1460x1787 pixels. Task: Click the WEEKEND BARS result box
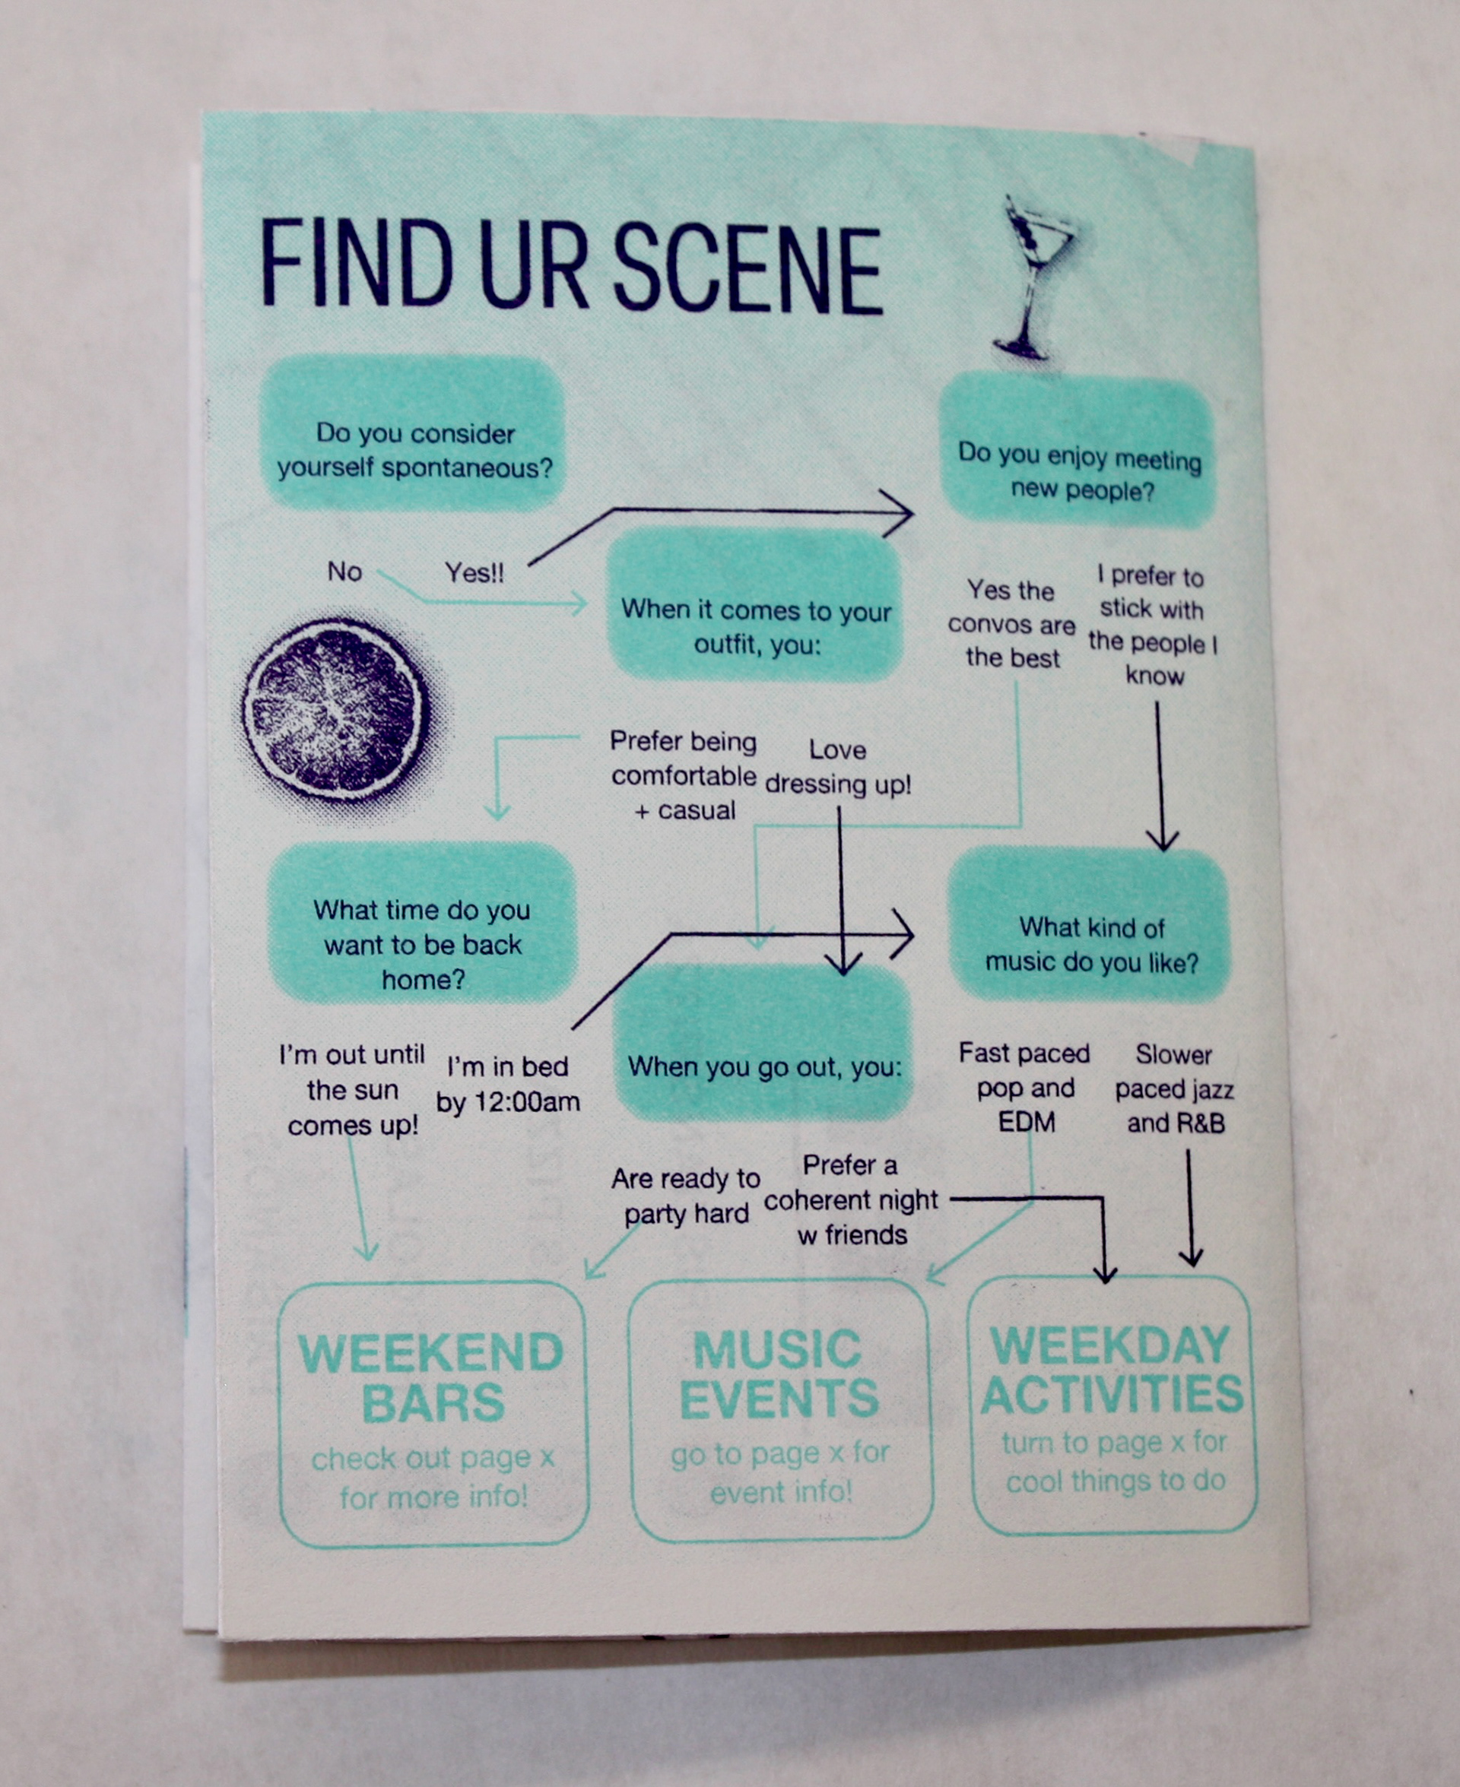(x=432, y=1415)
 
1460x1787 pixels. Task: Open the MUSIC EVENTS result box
(x=780, y=1412)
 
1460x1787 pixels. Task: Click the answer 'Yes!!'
(x=474, y=573)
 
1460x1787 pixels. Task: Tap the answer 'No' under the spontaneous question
(x=344, y=572)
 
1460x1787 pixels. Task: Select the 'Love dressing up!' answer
(x=838, y=767)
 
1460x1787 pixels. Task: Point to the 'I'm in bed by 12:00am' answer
(x=508, y=1085)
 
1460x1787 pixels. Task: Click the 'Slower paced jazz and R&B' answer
(x=1175, y=1088)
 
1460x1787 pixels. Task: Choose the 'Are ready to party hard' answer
(x=685, y=1196)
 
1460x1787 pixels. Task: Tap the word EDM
(x=1026, y=1123)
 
